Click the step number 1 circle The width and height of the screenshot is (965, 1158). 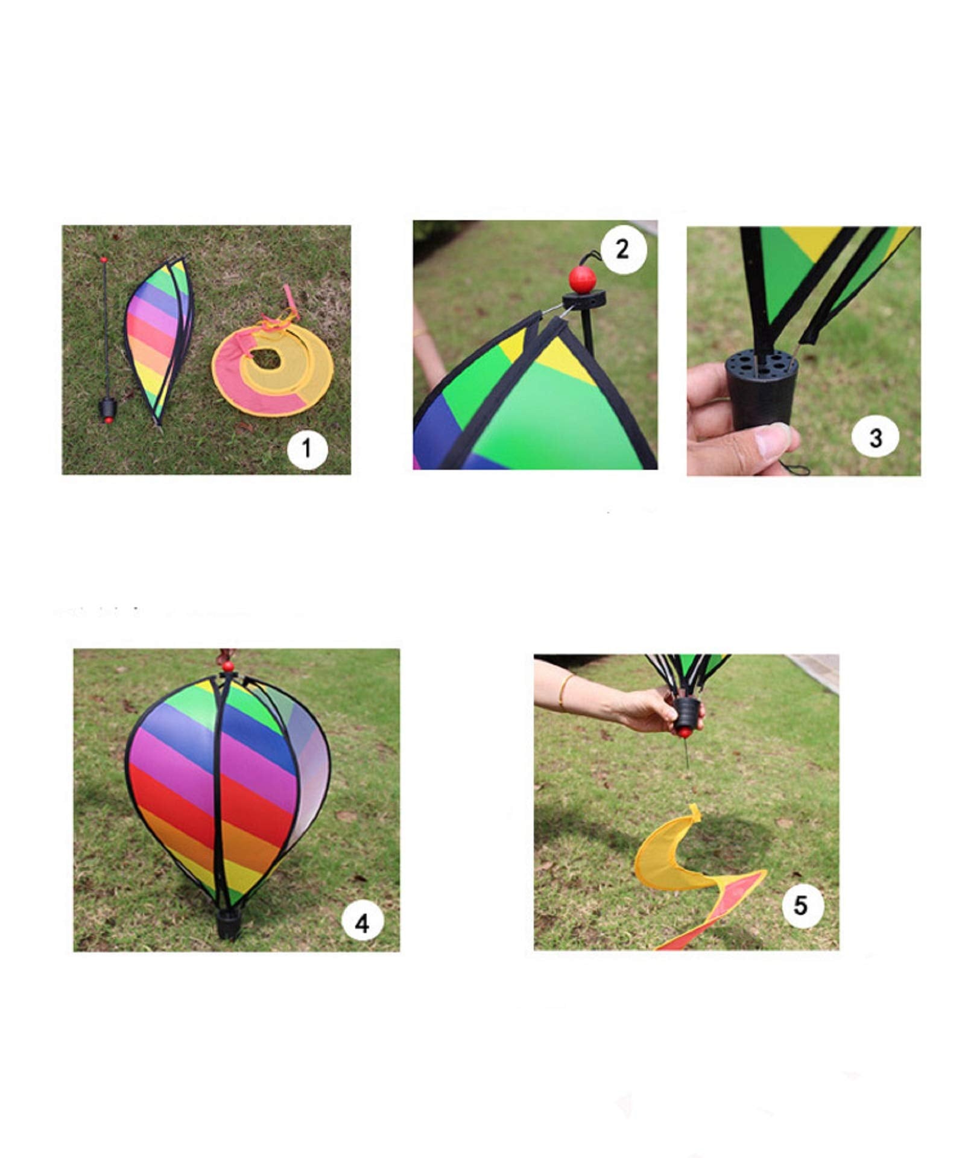pos(307,448)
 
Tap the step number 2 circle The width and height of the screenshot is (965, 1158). pos(623,249)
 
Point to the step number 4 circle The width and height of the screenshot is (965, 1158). pos(362,922)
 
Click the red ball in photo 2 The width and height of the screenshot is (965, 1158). pos(582,279)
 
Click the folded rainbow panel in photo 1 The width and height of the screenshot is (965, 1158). pos(160,340)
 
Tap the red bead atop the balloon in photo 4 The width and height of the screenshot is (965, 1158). pos(228,666)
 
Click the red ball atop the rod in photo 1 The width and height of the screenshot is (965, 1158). pos(104,260)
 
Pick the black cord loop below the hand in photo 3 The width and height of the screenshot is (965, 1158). pos(794,467)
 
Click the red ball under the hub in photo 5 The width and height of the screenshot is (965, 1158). pos(683,733)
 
